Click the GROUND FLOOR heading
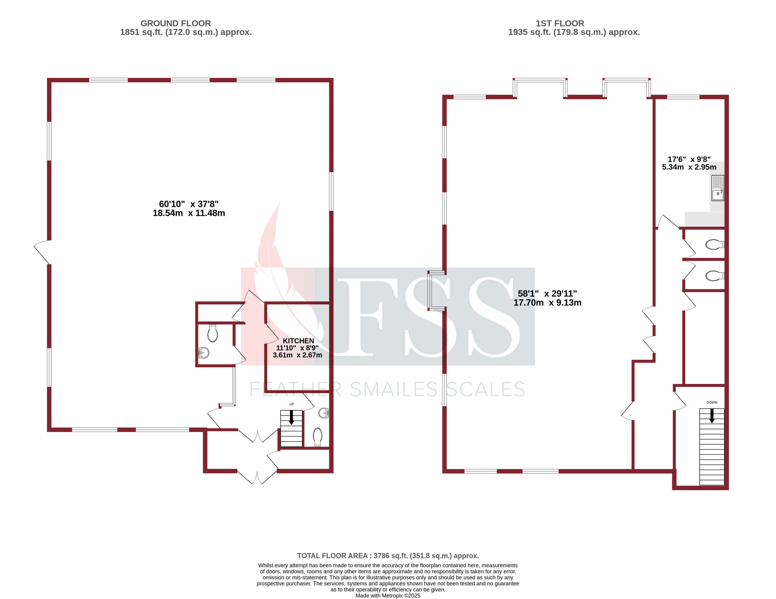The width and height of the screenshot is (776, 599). pos(175,23)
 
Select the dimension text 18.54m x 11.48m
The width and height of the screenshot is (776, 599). pos(189,213)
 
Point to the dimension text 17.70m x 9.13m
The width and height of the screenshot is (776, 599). pos(547,303)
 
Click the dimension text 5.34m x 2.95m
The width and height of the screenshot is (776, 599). pos(689,167)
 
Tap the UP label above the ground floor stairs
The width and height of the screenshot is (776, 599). pos(291,404)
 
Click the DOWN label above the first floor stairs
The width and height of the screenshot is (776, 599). pos(712,403)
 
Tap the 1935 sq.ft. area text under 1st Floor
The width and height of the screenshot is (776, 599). pos(574,32)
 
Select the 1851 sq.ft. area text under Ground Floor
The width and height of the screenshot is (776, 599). pos(186,32)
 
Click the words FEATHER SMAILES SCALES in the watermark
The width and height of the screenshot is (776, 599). pos(387,390)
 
